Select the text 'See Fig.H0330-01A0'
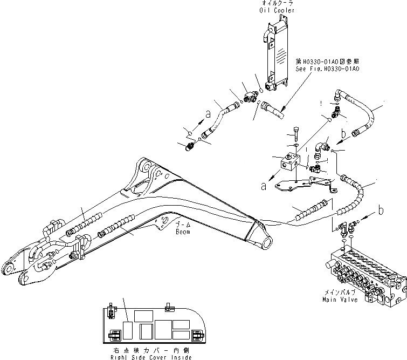tap(328, 69)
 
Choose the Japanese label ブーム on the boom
tap(181, 226)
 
